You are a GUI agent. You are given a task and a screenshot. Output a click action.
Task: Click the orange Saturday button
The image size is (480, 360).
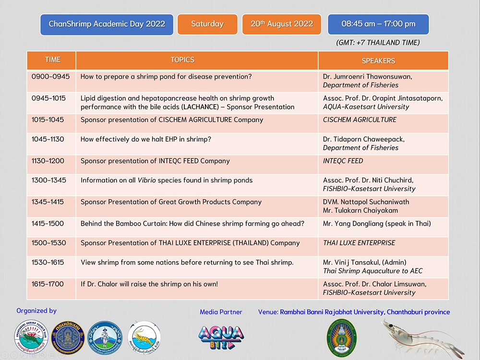(x=207, y=24)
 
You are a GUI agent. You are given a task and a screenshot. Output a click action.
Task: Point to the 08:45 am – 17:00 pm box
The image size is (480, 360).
(x=378, y=24)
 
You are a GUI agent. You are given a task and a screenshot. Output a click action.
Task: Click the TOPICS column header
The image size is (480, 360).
(x=182, y=60)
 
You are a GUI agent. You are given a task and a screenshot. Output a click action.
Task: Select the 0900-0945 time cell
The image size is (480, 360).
(x=51, y=77)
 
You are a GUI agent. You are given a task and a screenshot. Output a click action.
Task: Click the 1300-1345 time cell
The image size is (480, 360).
(x=49, y=180)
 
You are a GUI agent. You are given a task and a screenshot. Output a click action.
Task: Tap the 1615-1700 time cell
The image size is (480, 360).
(x=48, y=284)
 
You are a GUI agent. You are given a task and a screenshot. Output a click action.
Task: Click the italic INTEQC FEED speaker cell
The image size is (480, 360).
(x=343, y=161)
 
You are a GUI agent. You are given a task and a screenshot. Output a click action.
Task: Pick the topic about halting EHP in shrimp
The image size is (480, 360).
(x=146, y=139)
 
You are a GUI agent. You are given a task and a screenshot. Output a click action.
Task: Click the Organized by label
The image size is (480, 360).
(x=36, y=311)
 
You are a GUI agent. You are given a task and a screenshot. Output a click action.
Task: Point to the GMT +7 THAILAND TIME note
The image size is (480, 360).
(x=378, y=43)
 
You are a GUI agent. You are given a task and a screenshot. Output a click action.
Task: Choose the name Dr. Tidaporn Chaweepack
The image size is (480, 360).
(x=364, y=139)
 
